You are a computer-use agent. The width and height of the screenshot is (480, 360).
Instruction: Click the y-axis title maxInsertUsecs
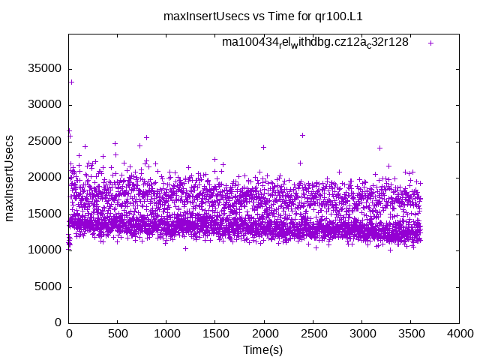pyautogui.click(x=10, y=178)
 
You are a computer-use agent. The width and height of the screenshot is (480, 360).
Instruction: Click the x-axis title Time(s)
pyautogui.click(x=263, y=350)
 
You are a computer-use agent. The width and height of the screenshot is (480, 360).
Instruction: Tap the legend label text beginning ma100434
pyautogui.click(x=315, y=42)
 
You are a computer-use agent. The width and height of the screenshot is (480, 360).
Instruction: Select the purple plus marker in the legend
pyautogui.click(x=430, y=43)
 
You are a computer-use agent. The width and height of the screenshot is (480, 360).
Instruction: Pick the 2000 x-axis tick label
pyautogui.click(x=264, y=335)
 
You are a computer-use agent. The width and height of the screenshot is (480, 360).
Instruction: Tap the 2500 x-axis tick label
pyautogui.click(x=313, y=335)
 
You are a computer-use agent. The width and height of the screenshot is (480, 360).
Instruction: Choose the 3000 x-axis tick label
pyautogui.click(x=361, y=335)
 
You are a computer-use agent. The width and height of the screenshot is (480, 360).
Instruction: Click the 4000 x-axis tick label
pyautogui.click(x=459, y=335)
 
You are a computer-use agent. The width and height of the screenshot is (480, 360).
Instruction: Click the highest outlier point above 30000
pyautogui.click(x=71, y=82)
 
